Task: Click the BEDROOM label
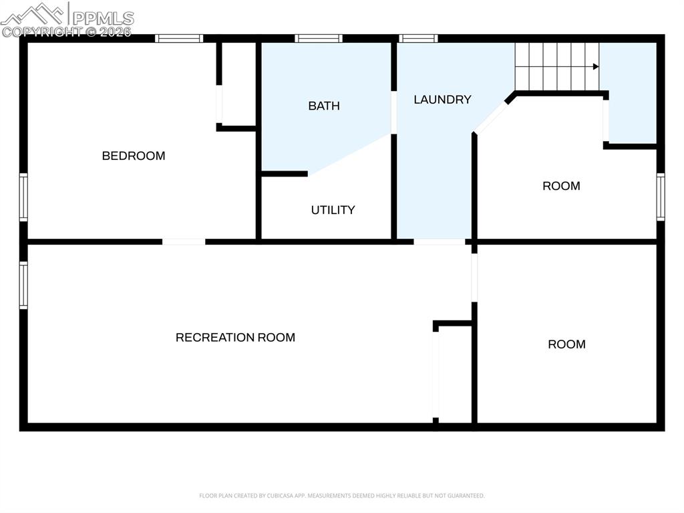pyautogui.click(x=133, y=156)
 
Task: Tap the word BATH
pyautogui.click(x=323, y=106)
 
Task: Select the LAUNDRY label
pyautogui.click(x=442, y=100)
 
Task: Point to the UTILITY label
pyautogui.click(x=333, y=210)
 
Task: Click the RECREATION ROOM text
pyautogui.click(x=235, y=338)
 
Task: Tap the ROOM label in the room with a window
pyautogui.click(x=561, y=186)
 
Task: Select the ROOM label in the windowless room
pyautogui.click(x=566, y=344)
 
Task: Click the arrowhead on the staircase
pyautogui.click(x=594, y=66)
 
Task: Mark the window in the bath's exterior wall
pyautogui.click(x=319, y=39)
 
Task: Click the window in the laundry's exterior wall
pyautogui.click(x=418, y=39)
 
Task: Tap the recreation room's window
pyautogui.click(x=24, y=286)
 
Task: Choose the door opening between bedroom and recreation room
pyautogui.click(x=184, y=241)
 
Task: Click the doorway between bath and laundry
pyautogui.click(x=394, y=112)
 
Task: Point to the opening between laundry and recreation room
pyautogui.click(x=439, y=241)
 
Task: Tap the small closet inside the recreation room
pyautogui.click(x=454, y=375)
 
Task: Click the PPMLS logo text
pyautogui.click(x=103, y=18)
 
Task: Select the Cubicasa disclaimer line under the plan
pyautogui.click(x=341, y=496)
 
